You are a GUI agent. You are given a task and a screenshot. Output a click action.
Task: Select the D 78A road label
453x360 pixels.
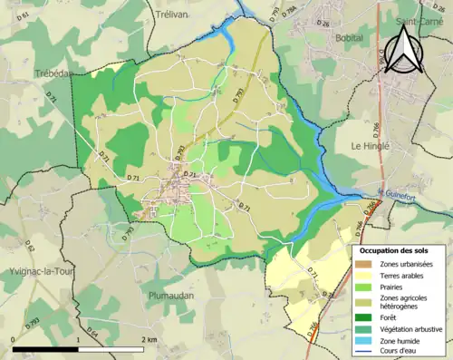[291, 10]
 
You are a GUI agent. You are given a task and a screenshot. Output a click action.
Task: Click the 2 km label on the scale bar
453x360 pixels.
[150, 340]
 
